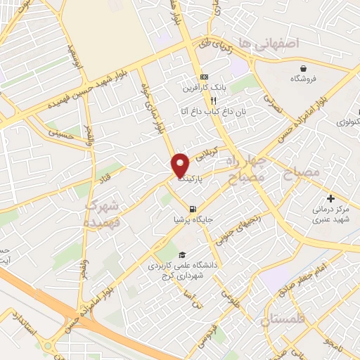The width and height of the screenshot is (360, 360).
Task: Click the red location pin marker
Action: [x=181, y=165]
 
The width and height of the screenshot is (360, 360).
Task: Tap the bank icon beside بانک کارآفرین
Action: [x=204, y=76]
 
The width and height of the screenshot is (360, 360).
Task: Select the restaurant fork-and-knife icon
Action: [x=204, y=100]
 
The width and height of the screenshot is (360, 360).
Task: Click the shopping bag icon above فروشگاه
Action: [x=303, y=69]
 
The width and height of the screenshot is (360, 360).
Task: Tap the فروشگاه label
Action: [x=302, y=80]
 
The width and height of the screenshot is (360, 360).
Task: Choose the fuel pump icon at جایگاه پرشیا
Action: [x=192, y=207]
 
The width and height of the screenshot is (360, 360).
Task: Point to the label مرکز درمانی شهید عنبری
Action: [x=333, y=214]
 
